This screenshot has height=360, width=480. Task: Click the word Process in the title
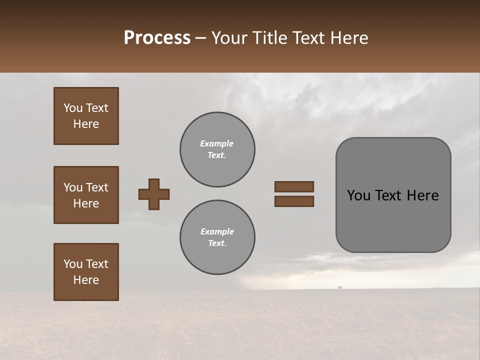click(x=157, y=38)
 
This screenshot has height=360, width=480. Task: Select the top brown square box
click(x=86, y=116)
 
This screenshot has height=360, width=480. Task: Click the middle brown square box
click(x=86, y=195)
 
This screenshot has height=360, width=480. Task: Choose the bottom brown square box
click(x=86, y=272)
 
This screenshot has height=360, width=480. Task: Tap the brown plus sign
click(x=154, y=194)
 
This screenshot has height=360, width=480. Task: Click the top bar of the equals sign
click(x=294, y=186)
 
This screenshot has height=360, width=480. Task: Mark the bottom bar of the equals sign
click(x=294, y=201)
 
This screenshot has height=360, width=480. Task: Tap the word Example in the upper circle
click(x=217, y=143)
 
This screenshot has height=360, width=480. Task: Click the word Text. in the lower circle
click(x=217, y=243)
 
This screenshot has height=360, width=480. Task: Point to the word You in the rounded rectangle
click(x=359, y=195)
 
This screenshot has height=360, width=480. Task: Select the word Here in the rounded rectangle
click(x=422, y=195)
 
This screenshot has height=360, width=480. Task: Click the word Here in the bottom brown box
click(x=86, y=280)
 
